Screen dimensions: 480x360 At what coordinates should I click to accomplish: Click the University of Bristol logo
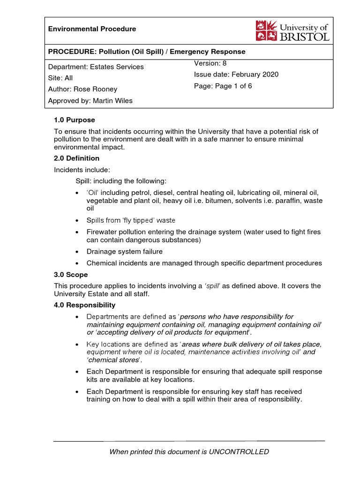tap(292, 30)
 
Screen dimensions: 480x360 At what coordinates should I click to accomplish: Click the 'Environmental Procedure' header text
tap(92, 29)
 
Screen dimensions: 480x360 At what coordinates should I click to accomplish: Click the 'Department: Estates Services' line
tap(96, 67)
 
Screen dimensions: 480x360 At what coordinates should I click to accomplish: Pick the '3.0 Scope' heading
tap(71, 275)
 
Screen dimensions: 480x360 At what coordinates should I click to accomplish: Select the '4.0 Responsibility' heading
tap(85, 305)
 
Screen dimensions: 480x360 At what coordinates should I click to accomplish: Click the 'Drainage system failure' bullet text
tap(125, 252)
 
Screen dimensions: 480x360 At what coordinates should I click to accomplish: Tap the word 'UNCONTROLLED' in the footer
tap(242, 452)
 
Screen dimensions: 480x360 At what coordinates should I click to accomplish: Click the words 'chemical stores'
tap(112, 360)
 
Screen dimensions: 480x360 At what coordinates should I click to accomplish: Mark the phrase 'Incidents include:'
tap(82, 170)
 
